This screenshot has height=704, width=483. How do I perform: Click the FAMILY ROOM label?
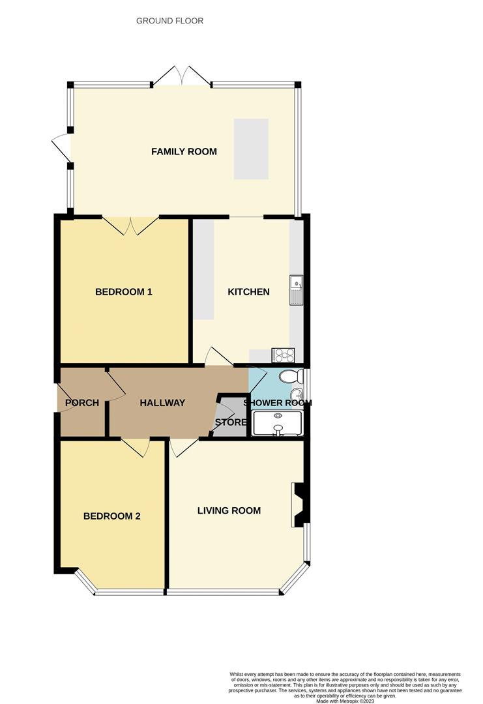(184, 151)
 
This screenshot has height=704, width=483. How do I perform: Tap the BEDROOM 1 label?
(124, 291)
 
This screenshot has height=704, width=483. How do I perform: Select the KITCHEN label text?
(248, 291)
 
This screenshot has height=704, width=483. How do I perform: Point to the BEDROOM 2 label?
(112, 516)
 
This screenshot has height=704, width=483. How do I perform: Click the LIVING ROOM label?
(229, 510)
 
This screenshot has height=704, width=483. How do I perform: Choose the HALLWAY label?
(162, 403)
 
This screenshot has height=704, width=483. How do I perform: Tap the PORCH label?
(82, 403)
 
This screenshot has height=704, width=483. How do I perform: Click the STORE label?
(231, 422)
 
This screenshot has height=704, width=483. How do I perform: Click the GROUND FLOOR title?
(169, 21)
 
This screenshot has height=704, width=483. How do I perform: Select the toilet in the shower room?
(290, 377)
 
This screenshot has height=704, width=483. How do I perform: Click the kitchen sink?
(297, 291)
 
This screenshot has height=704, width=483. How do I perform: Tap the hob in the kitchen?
(283, 355)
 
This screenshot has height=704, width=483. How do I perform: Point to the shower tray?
(278, 423)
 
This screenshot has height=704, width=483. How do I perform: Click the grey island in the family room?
(251, 149)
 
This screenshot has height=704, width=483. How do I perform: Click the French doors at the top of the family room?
(182, 75)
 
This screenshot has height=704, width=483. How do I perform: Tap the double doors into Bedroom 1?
(131, 226)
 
